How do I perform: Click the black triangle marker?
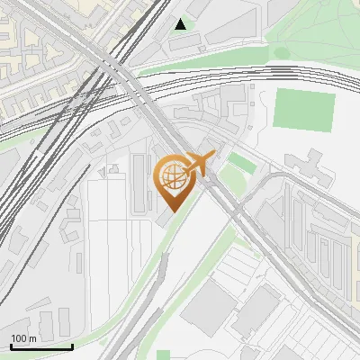click(182, 24)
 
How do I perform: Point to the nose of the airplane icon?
click(213, 157)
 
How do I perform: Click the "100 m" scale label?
click(22, 337)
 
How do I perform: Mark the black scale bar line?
click(41, 346)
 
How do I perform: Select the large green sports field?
click(303, 109)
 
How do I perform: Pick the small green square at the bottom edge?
click(163, 355)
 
